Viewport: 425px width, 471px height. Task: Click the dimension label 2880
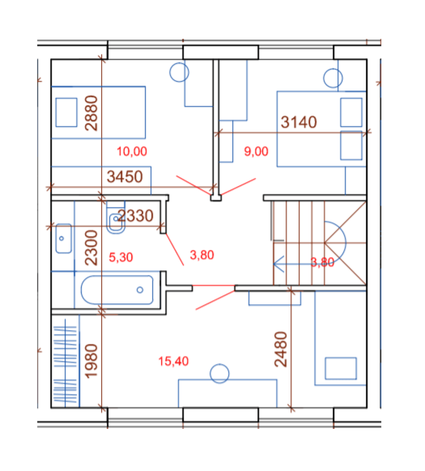tap(91, 113)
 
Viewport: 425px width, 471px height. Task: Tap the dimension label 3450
tap(125, 177)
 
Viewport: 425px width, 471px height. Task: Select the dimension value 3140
tap(299, 122)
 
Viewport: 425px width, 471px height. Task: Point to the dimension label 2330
tap(136, 216)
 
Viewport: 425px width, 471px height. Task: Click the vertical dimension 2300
tap(91, 247)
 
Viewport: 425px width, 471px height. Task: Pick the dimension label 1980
tap(91, 361)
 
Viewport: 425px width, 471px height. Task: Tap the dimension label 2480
tap(281, 349)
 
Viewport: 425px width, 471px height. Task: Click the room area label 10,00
tap(132, 151)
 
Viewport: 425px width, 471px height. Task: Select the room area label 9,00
tap(256, 151)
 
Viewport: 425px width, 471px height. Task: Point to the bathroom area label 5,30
tap(121, 258)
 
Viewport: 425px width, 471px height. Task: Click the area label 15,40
tap(174, 361)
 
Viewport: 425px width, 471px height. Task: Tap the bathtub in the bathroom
tap(117, 290)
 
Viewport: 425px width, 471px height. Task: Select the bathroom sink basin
tap(64, 238)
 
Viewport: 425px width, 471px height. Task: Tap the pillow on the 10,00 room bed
tap(66, 112)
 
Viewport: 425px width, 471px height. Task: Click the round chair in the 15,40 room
tap(220, 374)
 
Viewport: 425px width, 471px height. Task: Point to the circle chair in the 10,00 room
tap(179, 72)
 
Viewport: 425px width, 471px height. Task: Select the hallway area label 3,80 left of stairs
tap(202, 255)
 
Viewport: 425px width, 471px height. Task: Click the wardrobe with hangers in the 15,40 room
tap(65, 361)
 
